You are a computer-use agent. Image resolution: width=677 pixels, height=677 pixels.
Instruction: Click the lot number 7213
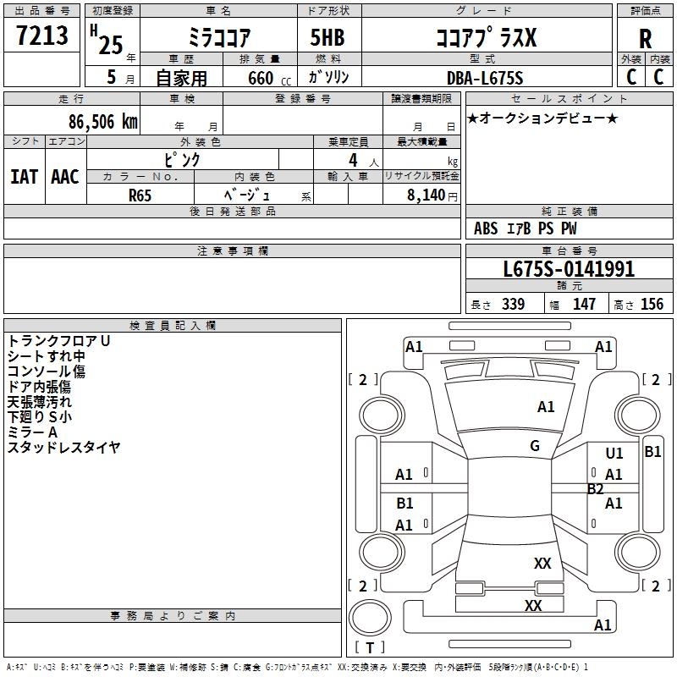42,36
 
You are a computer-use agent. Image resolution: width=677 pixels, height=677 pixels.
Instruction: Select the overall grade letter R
646,39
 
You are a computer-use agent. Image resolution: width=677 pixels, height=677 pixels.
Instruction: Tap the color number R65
140,195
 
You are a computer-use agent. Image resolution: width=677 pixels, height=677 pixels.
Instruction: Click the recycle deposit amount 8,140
426,195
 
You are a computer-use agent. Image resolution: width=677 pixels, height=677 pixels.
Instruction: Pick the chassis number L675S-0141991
569,270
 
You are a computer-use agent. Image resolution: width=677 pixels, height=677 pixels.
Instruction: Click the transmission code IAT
24,177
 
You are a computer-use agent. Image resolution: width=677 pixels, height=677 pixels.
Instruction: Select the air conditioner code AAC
65,177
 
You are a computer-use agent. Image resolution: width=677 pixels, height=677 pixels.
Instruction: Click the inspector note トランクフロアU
59,341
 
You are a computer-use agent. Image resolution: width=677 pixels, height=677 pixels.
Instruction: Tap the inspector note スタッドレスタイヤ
64,448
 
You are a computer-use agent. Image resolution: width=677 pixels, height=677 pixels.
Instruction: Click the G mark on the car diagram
535,446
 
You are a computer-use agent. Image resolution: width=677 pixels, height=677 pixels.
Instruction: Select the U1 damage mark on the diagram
614,454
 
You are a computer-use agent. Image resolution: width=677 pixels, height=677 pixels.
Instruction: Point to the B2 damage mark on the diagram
596,489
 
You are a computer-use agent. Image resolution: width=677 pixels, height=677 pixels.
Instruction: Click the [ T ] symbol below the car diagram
369,648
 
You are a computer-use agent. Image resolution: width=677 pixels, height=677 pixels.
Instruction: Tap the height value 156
652,305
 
